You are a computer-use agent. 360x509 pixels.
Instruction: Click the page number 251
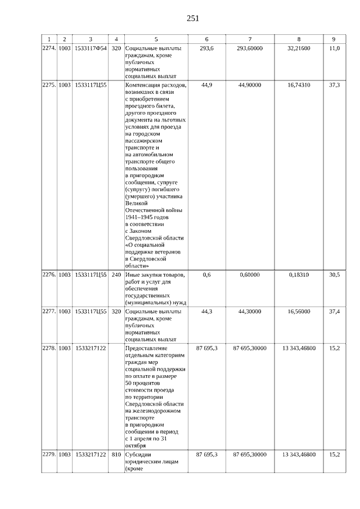click(193, 18)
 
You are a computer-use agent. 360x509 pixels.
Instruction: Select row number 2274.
click(49, 49)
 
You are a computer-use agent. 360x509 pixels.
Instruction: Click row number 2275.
click(49, 85)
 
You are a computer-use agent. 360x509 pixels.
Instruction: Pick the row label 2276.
click(49, 274)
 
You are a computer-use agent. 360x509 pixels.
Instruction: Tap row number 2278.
click(49, 349)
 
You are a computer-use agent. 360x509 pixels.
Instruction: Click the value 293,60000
click(250, 49)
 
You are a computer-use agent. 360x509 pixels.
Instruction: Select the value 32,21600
click(299, 49)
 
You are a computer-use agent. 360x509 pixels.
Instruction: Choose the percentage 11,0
click(334, 49)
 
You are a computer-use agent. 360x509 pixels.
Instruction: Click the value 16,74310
click(299, 85)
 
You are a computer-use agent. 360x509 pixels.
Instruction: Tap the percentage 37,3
click(334, 85)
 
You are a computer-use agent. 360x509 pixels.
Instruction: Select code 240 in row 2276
click(116, 274)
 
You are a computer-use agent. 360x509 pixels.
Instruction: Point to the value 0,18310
click(299, 274)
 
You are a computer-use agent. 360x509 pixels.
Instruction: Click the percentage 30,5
click(334, 274)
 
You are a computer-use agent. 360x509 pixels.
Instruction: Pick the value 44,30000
click(250, 312)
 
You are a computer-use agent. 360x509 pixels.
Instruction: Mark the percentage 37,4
click(334, 312)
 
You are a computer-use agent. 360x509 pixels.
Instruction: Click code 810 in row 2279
click(116, 454)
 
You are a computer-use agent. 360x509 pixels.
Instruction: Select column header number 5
click(156, 39)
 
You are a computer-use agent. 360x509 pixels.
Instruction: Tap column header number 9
click(334, 39)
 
